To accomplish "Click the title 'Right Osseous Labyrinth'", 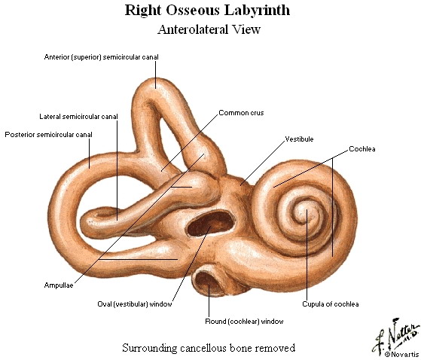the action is [x=207, y=11].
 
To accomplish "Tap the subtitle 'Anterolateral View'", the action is [x=209, y=29].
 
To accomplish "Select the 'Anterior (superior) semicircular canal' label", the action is [x=101, y=57].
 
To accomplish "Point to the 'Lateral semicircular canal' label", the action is [x=78, y=117].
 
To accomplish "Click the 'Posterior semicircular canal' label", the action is [x=49, y=135].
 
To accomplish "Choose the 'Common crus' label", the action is [x=241, y=113].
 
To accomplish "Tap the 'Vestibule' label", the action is [x=299, y=139].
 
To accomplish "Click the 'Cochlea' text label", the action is [x=362, y=149].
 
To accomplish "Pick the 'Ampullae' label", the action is [x=59, y=285].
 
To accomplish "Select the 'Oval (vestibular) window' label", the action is [x=135, y=304].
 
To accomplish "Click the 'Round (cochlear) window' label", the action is [x=244, y=322].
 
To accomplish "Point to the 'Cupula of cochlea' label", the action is [x=331, y=304].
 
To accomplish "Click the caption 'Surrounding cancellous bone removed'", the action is [x=209, y=348].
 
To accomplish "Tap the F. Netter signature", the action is [x=395, y=336].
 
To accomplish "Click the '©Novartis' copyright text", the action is [x=401, y=355].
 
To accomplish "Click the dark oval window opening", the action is [x=210, y=224].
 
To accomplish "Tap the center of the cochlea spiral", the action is [x=306, y=211].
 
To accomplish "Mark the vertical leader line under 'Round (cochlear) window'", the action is [x=209, y=301].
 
